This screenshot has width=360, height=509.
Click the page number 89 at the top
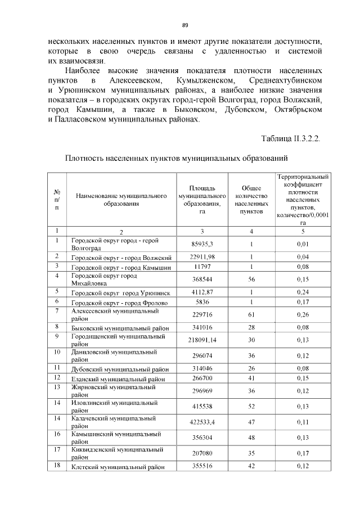click(184, 25)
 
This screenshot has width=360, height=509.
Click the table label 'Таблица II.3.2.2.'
click(291, 138)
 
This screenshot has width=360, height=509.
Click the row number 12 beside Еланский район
click(57, 379)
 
